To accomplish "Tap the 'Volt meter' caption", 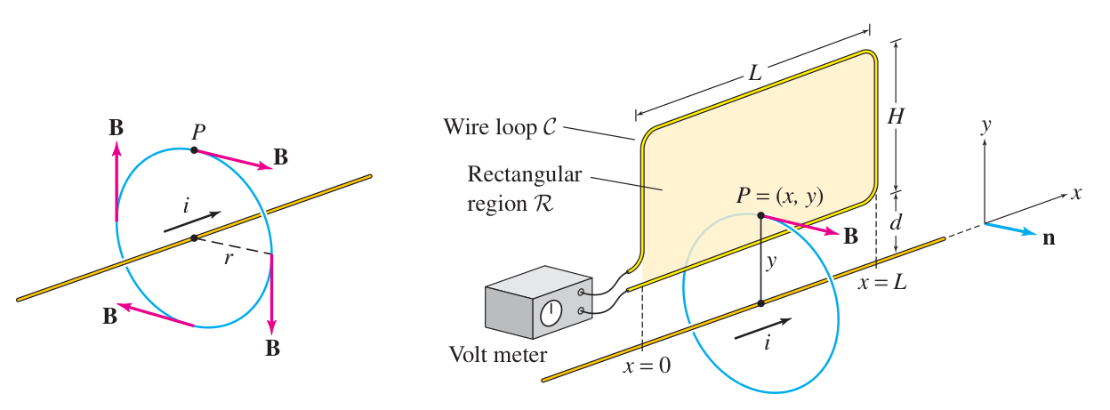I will [498, 357].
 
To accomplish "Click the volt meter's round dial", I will [551, 311].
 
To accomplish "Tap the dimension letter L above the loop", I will [754, 75].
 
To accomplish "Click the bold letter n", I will [1049, 237].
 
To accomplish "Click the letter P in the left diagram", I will [198, 131].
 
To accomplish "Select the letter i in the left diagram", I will [186, 206].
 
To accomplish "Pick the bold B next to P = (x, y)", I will [850, 237].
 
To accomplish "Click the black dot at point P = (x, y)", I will [760, 215].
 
